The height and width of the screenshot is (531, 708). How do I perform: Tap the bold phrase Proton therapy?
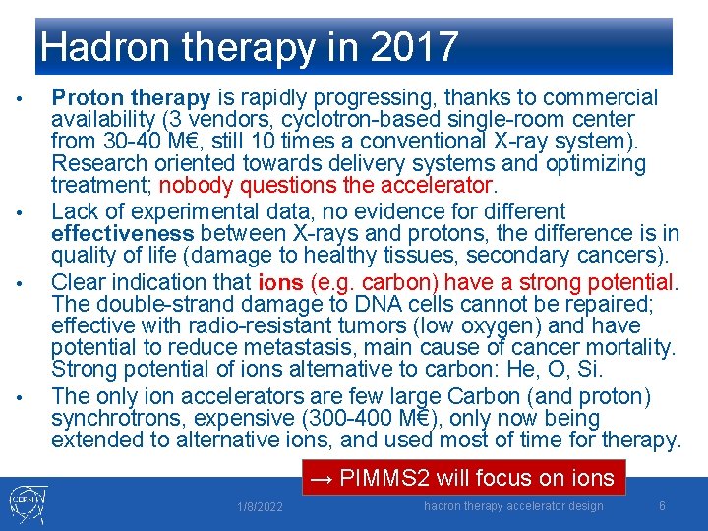(x=131, y=97)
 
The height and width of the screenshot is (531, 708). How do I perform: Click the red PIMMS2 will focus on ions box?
(x=462, y=478)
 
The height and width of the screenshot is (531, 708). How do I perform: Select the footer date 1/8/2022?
(x=260, y=507)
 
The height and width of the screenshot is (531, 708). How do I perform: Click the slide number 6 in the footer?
(x=662, y=505)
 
